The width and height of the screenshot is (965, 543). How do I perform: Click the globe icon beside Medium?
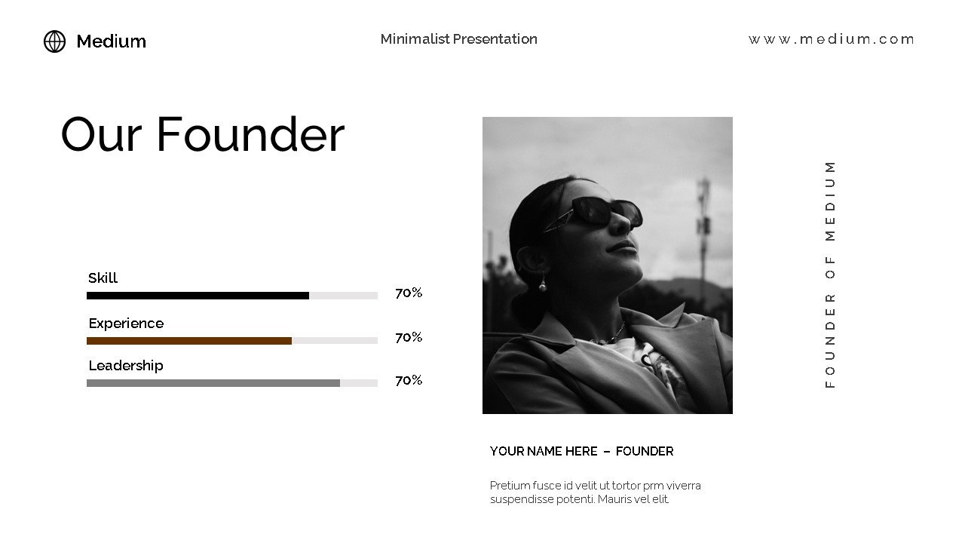[54, 41]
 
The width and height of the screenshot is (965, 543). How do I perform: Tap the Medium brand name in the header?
[111, 41]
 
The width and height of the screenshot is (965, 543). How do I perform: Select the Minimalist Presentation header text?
[458, 39]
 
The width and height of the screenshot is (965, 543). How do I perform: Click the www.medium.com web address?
[831, 39]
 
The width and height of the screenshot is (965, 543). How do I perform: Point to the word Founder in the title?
[250, 135]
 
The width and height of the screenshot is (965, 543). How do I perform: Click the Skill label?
[103, 278]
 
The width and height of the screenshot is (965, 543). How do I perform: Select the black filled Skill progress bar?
[198, 296]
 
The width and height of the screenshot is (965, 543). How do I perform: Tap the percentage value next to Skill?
[409, 293]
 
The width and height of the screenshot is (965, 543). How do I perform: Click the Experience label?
[126, 324]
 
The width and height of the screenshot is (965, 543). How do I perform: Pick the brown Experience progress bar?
[188, 341]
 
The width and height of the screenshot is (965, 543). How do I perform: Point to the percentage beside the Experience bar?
[409, 337]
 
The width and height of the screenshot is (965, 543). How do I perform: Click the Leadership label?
[126, 366]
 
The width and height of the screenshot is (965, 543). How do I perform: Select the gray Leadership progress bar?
[213, 383]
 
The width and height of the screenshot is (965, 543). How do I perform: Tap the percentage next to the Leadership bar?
[409, 380]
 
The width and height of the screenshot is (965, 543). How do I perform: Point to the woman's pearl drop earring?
[541, 286]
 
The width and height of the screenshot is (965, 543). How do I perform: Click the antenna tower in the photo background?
[703, 226]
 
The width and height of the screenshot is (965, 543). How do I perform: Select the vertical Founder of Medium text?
[830, 274]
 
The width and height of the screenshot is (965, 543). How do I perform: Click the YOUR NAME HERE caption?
[544, 451]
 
